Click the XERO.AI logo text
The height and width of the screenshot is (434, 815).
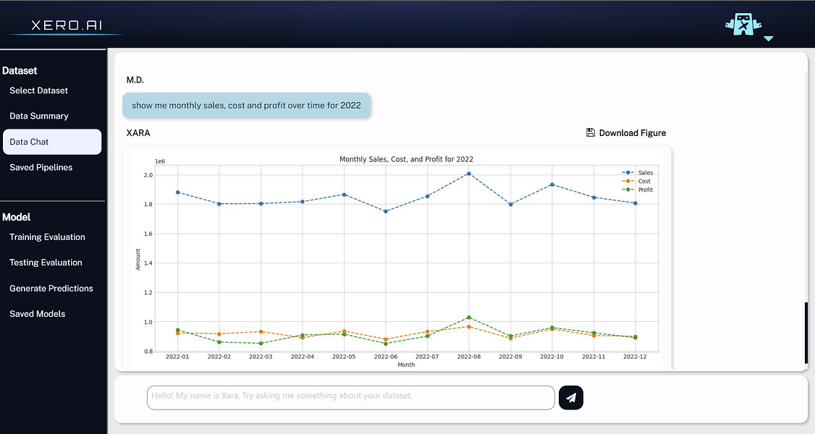(x=65, y=25)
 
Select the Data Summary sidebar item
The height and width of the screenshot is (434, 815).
(x=39, y=116)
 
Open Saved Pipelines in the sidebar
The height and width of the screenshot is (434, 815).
(x=41, y=167)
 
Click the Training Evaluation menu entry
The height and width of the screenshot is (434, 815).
(x=47, y=237)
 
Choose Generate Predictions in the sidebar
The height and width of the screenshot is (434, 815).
(x=51, y=289)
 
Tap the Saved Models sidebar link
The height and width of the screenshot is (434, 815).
(x=38, y=314)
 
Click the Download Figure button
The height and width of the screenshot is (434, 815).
(x=626, y=133)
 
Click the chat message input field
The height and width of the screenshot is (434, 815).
(x=350, y=397)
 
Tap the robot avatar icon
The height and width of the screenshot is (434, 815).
(x=743, y=25)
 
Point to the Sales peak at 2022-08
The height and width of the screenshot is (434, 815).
(x=469, y=174)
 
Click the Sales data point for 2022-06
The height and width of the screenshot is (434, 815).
(x=386, y=211)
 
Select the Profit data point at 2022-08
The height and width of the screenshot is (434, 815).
(x=469, y=318)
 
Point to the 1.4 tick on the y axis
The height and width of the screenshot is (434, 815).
(x=148, y=263)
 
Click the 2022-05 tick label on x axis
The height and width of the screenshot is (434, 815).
(x=344, y=357)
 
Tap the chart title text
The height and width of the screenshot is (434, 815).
(x=406, y=159)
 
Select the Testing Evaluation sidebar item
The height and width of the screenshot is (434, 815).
(x=46, y=263)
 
